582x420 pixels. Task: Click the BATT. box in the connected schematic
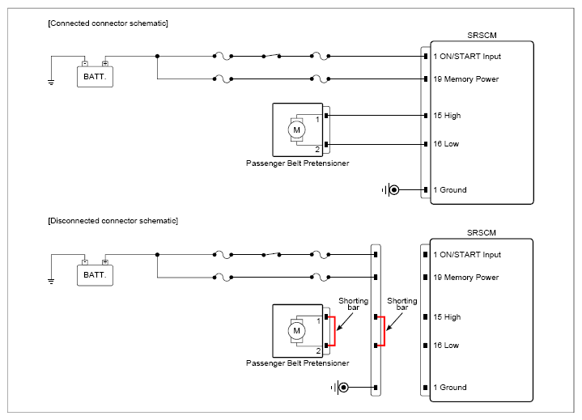95,77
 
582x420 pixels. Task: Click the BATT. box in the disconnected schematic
95,275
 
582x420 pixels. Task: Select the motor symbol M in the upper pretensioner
296,129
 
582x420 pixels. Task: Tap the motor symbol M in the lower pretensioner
296,331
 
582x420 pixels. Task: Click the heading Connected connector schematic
108,23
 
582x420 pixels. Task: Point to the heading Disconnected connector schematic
113,221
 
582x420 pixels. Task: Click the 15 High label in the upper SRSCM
447,116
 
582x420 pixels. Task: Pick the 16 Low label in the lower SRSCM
446,346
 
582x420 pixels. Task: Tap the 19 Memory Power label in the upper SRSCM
465,79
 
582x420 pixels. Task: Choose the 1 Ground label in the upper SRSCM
450,190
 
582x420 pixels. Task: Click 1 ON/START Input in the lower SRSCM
467,255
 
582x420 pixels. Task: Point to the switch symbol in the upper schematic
271,56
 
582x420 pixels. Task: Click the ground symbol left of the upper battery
51,83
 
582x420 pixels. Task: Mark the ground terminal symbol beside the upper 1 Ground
391,190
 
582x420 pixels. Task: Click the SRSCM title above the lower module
482,232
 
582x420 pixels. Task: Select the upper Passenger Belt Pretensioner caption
297,163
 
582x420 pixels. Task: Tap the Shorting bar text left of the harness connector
354,303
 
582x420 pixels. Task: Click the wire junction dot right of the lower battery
157,255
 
